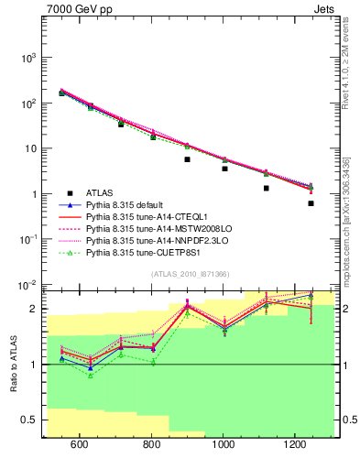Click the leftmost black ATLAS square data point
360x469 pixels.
61,93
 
